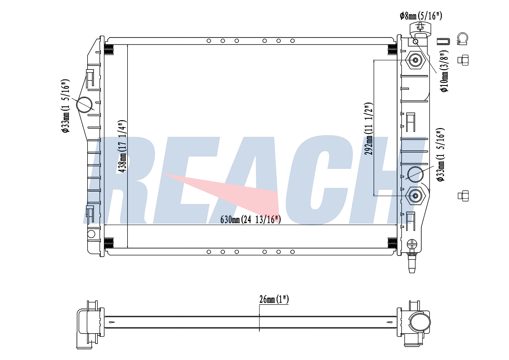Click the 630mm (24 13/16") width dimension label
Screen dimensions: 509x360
pyautogui.click(x=250, y=219)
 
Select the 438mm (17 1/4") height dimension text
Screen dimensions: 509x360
pyautogui.click(x=122, y=146)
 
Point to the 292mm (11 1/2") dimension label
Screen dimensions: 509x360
pyautogui.click(x=369, y=129)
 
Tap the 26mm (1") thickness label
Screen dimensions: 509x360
pyautogui.click(x=274, y=299)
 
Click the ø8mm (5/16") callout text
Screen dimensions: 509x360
pyautogui.click(x=421, y=16)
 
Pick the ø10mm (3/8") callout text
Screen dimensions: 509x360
pyautogui.click(x=444, y=71)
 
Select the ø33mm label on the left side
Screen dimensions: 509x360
pyautogui.click(x=65, y=106)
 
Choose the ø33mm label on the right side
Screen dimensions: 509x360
pyautogui.click(x=441, y=155)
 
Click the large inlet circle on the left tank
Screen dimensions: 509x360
pyautogui.click(x=84, y=105)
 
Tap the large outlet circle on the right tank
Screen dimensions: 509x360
pyautogui.click(x=415, y=174)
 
